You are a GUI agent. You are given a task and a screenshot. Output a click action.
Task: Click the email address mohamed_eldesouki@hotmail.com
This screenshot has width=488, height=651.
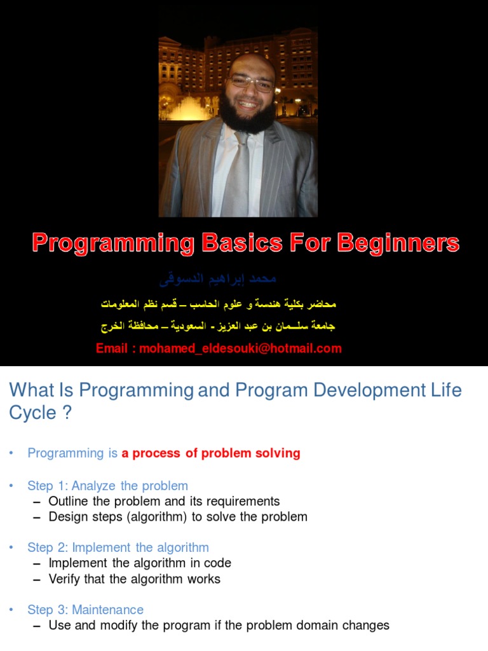point(240,348)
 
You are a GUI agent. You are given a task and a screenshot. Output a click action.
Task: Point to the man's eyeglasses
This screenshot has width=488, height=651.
point(251,83)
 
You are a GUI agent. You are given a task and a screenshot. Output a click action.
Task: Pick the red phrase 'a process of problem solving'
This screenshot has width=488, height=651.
point(211,453)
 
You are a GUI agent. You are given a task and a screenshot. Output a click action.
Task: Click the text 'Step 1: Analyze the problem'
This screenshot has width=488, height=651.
point(107,486)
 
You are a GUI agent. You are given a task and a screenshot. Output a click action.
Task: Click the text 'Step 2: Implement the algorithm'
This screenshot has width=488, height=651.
point(118,547)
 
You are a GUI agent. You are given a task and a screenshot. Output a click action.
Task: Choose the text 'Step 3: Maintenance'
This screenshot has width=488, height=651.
point(85,610)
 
